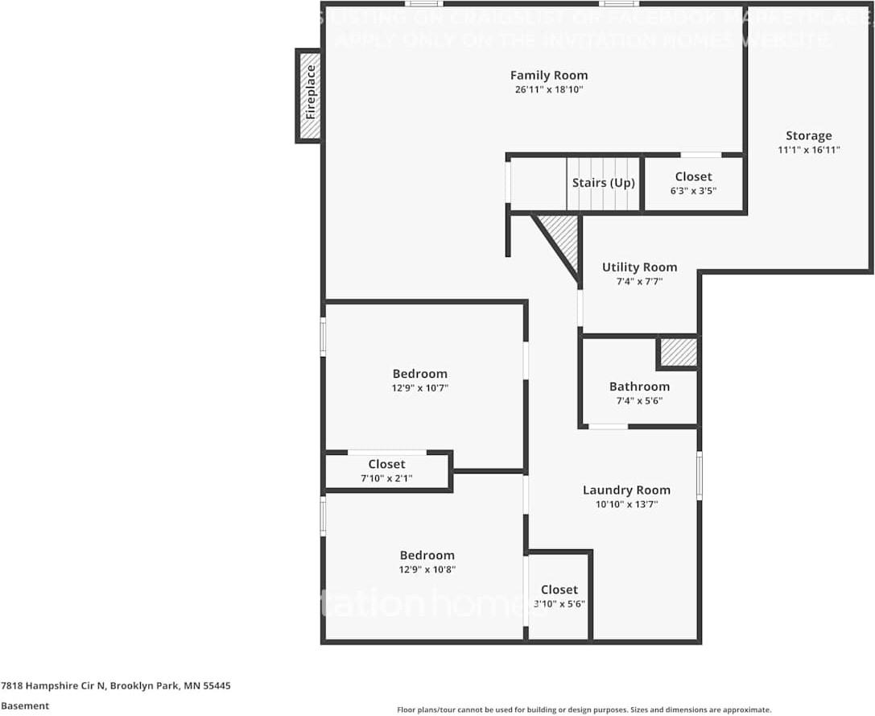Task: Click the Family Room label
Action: click(549, 76)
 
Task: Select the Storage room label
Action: click(809, 135)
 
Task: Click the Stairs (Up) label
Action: click(603, 183)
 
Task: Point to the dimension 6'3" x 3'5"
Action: click(693, 191)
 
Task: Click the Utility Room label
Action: click(639, 267)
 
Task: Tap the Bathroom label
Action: click(639, 387)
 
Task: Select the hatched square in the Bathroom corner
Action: click(678, 352)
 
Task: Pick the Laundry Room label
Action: click(626, 490)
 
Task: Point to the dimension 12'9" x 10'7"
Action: click(419, 388)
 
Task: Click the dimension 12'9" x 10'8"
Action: click(427, 569)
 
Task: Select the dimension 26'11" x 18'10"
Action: click(549, 90)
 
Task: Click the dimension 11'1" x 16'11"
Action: click(809, 150)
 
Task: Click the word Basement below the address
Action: click(25, 706)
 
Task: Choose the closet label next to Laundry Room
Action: click(559, 590)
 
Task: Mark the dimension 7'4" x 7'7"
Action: click(639, 282)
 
